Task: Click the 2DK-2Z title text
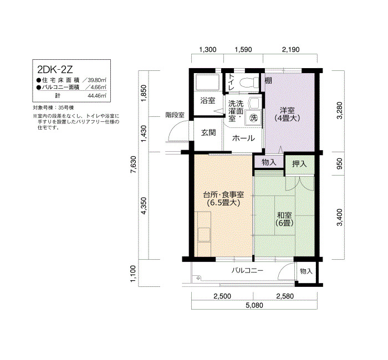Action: point(55,69)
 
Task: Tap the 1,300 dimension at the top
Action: point(208,50)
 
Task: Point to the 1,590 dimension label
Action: point(243,50)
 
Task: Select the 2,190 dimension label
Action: point(291,50)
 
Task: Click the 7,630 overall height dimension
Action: point(134,165)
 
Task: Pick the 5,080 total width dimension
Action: point(254,305)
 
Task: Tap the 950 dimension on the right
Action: point(340,164)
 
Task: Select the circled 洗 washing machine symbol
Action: point(253,117)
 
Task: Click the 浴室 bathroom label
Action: point(208,101)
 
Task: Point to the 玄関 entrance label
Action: point(208,133)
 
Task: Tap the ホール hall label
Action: point(243,138)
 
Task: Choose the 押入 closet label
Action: point(299,164)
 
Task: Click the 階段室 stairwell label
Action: point(175,115)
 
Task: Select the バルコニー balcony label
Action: point(247,270)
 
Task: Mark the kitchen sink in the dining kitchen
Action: point(204,235)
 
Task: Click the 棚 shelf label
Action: point(268,80)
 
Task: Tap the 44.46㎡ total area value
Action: point(97,96)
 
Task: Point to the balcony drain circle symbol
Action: point(198,278)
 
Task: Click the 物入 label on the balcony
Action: point(306,271)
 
